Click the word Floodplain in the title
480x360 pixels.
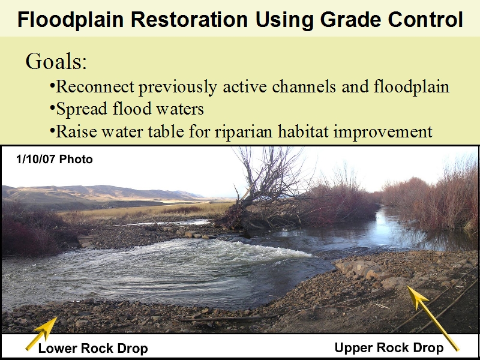click(70, 20)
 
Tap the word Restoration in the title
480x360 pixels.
click(189, 20)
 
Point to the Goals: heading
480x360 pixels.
click(56, 61)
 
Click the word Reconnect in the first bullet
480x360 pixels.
click(95, 86)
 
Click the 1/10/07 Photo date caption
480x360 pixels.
click(54, 159)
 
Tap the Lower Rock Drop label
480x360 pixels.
click(93, 349)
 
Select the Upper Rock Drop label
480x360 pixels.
click(389, 348)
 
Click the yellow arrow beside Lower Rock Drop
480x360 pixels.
click(41, 334)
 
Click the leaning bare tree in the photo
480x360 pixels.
click(263, 187)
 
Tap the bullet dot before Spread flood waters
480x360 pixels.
click(52, 107)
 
